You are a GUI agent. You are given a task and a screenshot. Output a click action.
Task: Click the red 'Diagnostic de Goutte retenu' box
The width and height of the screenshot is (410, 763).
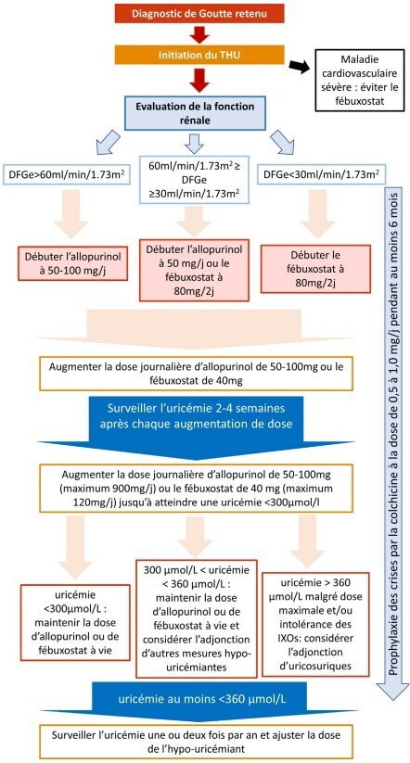199,13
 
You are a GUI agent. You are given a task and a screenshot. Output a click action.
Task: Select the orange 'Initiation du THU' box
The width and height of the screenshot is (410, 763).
199,55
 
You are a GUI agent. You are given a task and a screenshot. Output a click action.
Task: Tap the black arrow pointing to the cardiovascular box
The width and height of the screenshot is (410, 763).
300,66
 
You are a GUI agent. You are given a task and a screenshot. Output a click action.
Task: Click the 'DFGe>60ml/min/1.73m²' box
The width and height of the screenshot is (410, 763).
67,175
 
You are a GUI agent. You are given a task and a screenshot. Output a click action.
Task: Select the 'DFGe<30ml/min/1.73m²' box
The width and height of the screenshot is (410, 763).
321,175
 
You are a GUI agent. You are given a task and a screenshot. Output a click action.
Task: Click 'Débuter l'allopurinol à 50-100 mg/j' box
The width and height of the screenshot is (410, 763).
73,262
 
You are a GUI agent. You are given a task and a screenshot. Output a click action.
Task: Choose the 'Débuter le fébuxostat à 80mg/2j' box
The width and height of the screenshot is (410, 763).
315,269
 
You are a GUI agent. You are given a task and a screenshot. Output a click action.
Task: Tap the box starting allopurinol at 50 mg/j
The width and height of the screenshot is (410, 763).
194,270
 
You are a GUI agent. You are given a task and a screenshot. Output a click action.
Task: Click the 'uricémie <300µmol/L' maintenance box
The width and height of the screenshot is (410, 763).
75,622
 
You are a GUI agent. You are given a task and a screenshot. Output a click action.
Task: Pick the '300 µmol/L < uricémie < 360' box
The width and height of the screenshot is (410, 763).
197,618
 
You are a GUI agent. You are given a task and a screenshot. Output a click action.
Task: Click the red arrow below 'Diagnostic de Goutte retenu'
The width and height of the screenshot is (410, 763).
199,34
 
